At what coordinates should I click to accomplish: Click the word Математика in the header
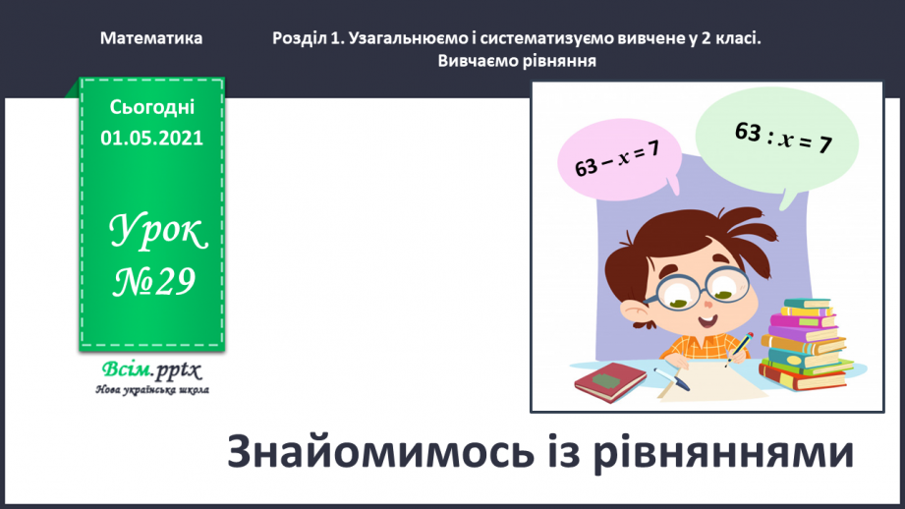pyautogui.click(x=151, y=38)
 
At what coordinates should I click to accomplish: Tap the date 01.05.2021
pyautogui.click(x=151, y=138)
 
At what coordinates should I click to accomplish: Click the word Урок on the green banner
pyautogui.click(x=158, y=233)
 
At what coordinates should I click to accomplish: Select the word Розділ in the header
pyautogui.click(x=299, y=38)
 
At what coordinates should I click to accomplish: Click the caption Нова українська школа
pyautogui.click(x=151, y=389)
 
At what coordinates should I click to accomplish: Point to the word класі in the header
pyautogui.click(x=739, y=38)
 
